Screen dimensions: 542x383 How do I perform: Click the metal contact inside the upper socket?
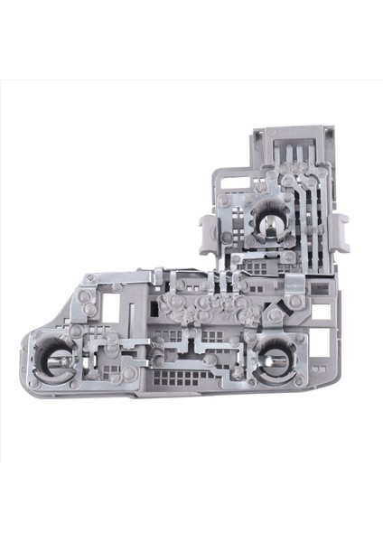coord(269,220)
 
